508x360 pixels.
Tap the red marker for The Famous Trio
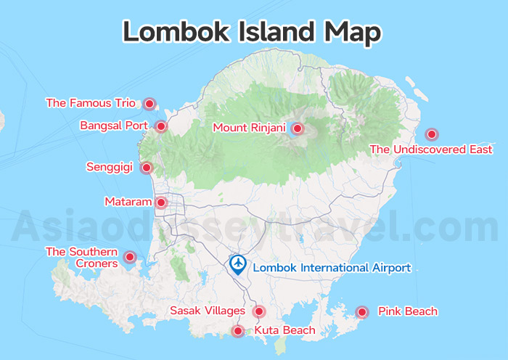click(149, 104)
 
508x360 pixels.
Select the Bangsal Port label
click(114, 126)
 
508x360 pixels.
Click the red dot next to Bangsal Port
click(161, 126)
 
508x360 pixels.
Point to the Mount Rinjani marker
click(297, 128)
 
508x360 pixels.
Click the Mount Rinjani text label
click(250, 128)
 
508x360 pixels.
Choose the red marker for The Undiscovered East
click(432, 134)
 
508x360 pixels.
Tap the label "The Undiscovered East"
click(431, 150)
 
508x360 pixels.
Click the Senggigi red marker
click(146, 168)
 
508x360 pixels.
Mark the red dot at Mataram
click(161, 202)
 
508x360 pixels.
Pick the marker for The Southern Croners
click(130, 257)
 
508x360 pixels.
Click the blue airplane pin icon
click(237, 265)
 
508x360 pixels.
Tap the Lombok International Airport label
click(332, 268)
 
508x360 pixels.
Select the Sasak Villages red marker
click(258, 311)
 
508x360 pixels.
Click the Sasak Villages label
click(208, 311)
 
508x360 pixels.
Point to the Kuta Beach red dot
click(237, 332)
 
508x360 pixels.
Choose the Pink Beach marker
click(361, 312)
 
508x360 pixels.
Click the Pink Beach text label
click(408, 312)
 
